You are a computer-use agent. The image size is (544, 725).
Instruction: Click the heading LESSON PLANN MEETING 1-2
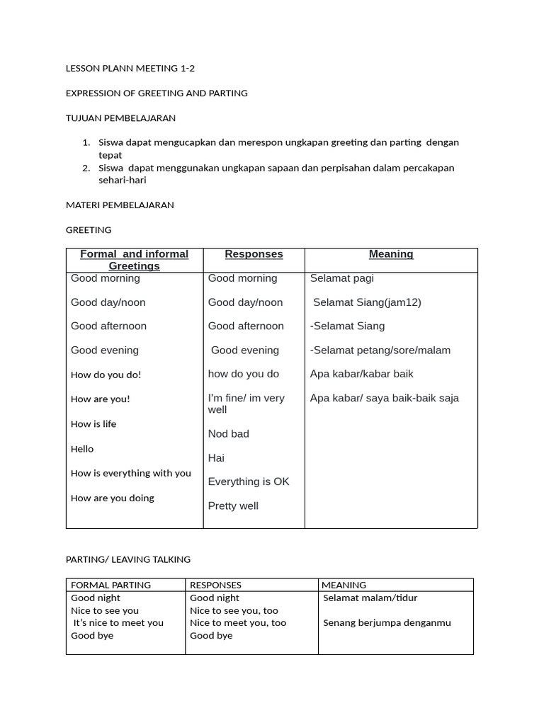(130, 69)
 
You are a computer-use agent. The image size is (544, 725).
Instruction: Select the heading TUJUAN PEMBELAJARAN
(120, 118)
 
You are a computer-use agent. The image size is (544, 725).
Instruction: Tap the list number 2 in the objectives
(86, 168)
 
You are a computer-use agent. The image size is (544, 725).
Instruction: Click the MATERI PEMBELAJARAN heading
(120, 205)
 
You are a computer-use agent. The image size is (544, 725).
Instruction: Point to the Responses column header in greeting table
(254, 254)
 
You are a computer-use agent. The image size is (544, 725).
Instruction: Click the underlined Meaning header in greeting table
(391, 254)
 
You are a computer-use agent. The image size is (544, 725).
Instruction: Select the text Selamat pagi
(341, 278)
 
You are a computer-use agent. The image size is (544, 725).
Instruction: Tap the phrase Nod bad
(228, 434)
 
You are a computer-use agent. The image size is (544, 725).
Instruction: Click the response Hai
(216, 458)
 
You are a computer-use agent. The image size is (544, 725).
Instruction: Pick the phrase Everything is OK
(249, 481)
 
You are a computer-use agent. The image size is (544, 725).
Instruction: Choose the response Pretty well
(233, 506)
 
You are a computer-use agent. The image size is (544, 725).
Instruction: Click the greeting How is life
(93, 424)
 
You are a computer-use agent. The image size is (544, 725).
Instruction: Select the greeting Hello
(82, 449)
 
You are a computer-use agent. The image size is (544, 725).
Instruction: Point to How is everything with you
(131, 473)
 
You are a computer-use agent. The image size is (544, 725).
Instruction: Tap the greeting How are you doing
(113, 498)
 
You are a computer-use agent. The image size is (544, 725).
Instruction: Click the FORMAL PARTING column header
(110, 585)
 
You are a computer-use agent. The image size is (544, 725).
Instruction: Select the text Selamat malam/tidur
(370, 598)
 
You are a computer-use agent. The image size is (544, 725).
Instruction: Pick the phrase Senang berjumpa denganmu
(387, 623)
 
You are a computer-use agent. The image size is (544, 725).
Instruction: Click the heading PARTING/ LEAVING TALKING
(128, 559)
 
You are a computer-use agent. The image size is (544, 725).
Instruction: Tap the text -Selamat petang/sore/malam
(380, 350)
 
